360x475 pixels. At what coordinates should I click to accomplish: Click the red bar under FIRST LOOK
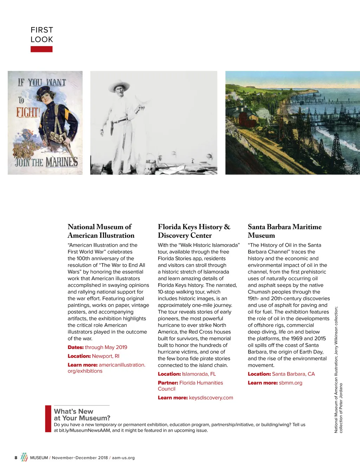pyautogui.click(x=41, y=49)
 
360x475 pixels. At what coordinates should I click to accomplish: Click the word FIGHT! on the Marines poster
pyautogui.click(x=28, y=113)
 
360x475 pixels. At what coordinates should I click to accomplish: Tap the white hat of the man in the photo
pyautogui.click(x=119, y=87)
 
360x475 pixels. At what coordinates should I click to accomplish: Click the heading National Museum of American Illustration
pyautogui.click(x=101, y=231)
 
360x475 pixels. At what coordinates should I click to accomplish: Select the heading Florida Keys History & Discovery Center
pyautogui.click(x=194, y=231)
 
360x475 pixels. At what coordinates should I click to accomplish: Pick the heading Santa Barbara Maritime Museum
pyautogui.click(x=284, y=231)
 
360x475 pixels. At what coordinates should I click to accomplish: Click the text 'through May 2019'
pyautogui.click(x=106, y=347)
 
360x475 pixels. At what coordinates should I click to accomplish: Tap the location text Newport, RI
pyautogui.click(x=105, y=356)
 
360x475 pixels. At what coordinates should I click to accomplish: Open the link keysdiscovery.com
pyautogui.click(x=211, y=398)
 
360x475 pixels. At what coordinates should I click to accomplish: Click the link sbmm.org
pyautogui.click(x=290, y=383)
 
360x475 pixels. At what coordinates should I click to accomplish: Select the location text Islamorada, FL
pyautogui.click(x=199, y=374)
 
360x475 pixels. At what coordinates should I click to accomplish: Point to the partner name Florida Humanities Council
pyautogui.click(x=201, y=383)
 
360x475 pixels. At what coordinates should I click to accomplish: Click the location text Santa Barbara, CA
pyautogui.click(x=293, y=374)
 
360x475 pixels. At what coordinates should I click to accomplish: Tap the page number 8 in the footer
pyautogui.click(x=16, y=458)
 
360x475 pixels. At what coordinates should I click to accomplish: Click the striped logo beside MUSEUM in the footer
pyautogui.click(x=24, y=457)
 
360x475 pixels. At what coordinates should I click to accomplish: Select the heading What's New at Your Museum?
pyautogui.click(x=82, y=415)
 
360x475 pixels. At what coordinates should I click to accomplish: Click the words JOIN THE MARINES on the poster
pyautogui.click(x=46, y=162)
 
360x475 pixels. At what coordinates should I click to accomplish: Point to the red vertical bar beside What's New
pyautogui.click(x=48, y=419)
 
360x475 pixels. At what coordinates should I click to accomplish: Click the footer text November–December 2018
pyautogui.click(x=80, y=458)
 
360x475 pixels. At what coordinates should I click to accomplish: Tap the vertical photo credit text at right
pyautogui.click(x=338, y=369)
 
